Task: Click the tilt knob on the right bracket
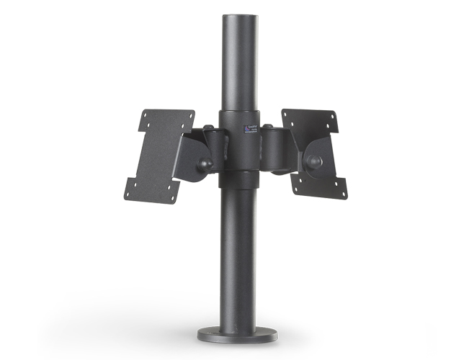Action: click(x=314, y=162)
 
